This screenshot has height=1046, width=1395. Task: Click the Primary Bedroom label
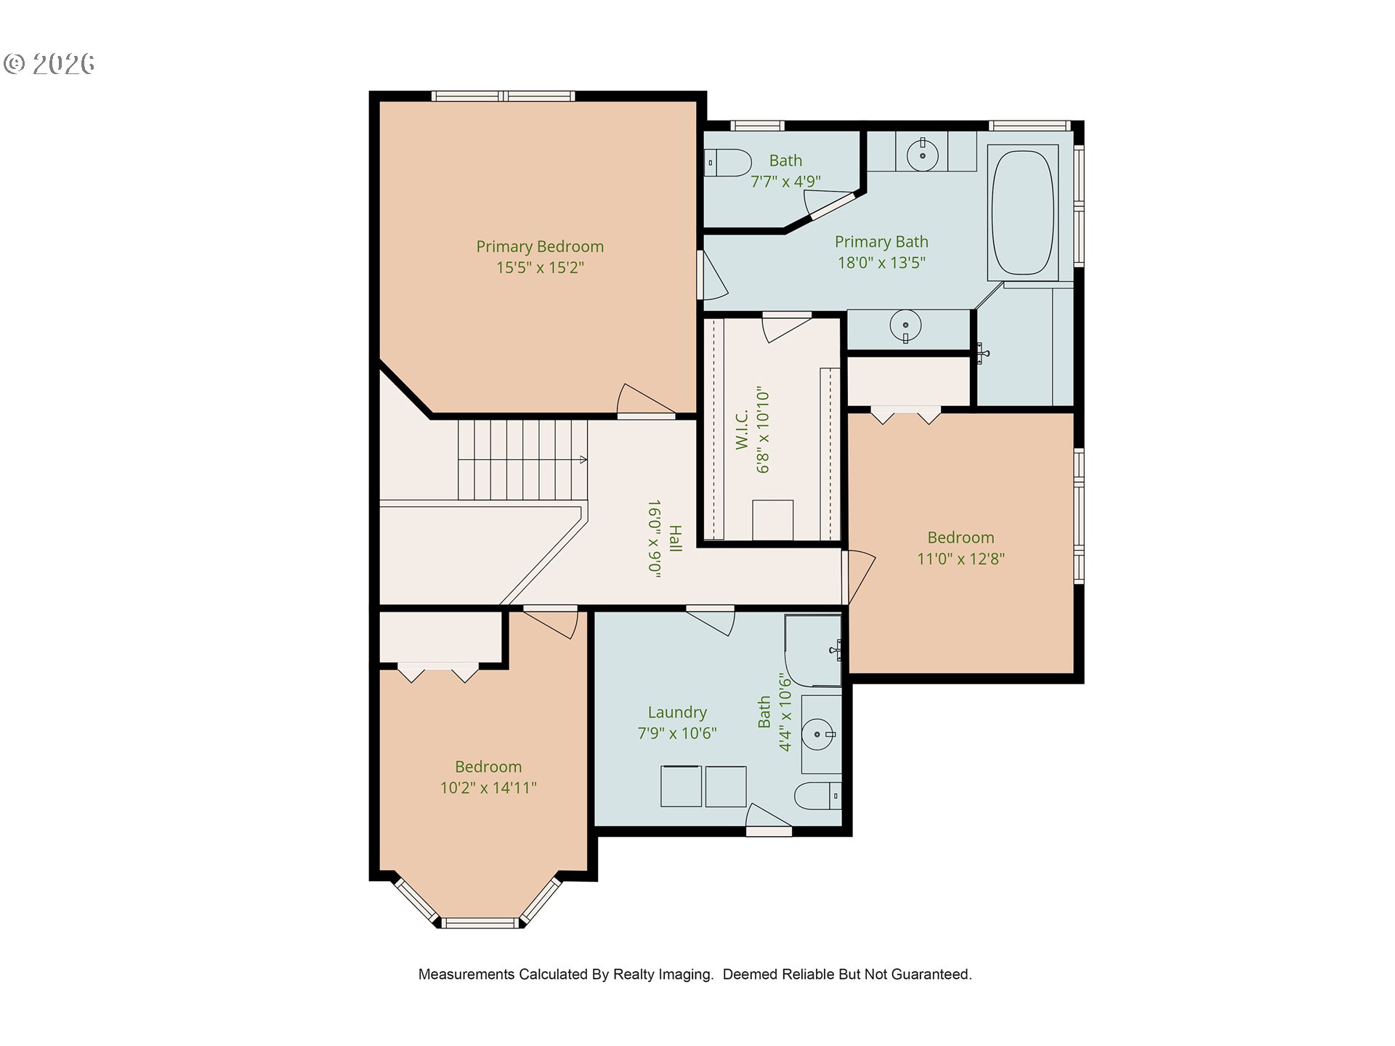click(540, 247)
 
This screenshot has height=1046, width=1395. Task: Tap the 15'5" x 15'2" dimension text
click(540, 267)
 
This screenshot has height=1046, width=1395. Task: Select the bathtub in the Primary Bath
click(1023, 213)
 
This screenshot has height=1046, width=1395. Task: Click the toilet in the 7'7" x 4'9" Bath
click(728, 163)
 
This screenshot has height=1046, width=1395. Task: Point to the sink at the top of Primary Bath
click(923, 155)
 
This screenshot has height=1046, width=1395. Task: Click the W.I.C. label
click(742, 430)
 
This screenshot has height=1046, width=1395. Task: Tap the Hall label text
click(676, 539)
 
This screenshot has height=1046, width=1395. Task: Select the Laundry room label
click(677, 713)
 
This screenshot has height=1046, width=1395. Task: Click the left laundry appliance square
click(682, 786)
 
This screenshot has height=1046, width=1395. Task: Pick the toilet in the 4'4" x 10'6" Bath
click(818, 796)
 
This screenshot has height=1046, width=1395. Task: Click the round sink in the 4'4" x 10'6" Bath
click(819, 734)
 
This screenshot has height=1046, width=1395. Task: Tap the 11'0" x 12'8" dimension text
click(961, 559)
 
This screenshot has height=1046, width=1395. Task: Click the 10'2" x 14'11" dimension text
click(488, 787)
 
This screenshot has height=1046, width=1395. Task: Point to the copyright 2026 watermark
click(49, 64)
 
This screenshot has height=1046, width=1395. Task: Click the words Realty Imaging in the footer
click(663, 975)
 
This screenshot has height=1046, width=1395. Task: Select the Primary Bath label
click(881, 242)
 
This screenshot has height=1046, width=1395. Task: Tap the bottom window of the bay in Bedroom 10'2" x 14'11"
click(480, 923)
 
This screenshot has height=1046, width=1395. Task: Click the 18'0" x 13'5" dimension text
click(881, 263)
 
